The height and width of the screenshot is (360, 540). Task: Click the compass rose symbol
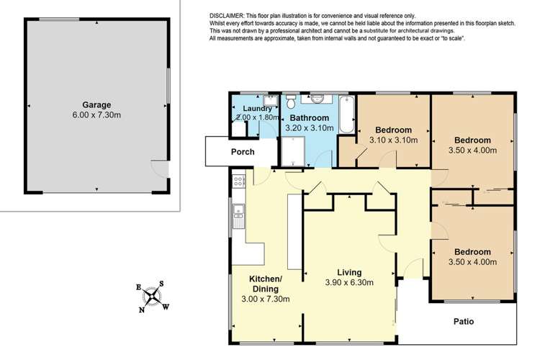point(153,296)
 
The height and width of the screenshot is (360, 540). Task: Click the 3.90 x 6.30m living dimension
point(348,283)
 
